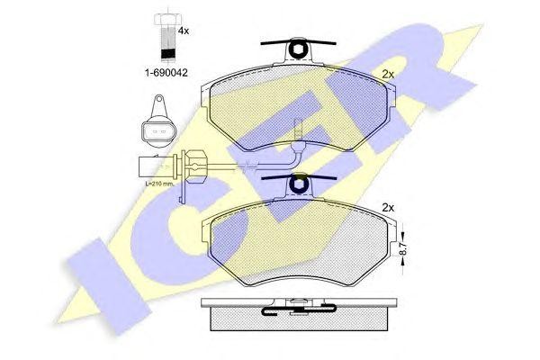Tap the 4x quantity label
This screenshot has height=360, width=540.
pyautogui.click(x=184, y=31)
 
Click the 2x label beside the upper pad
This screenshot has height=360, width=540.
pyautogui.click(x=389, y=74)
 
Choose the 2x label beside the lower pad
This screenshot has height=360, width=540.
pyautogui.click(x=389, y=208)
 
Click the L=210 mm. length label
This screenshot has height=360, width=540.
pyautogui.click(x=160, y=183)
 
